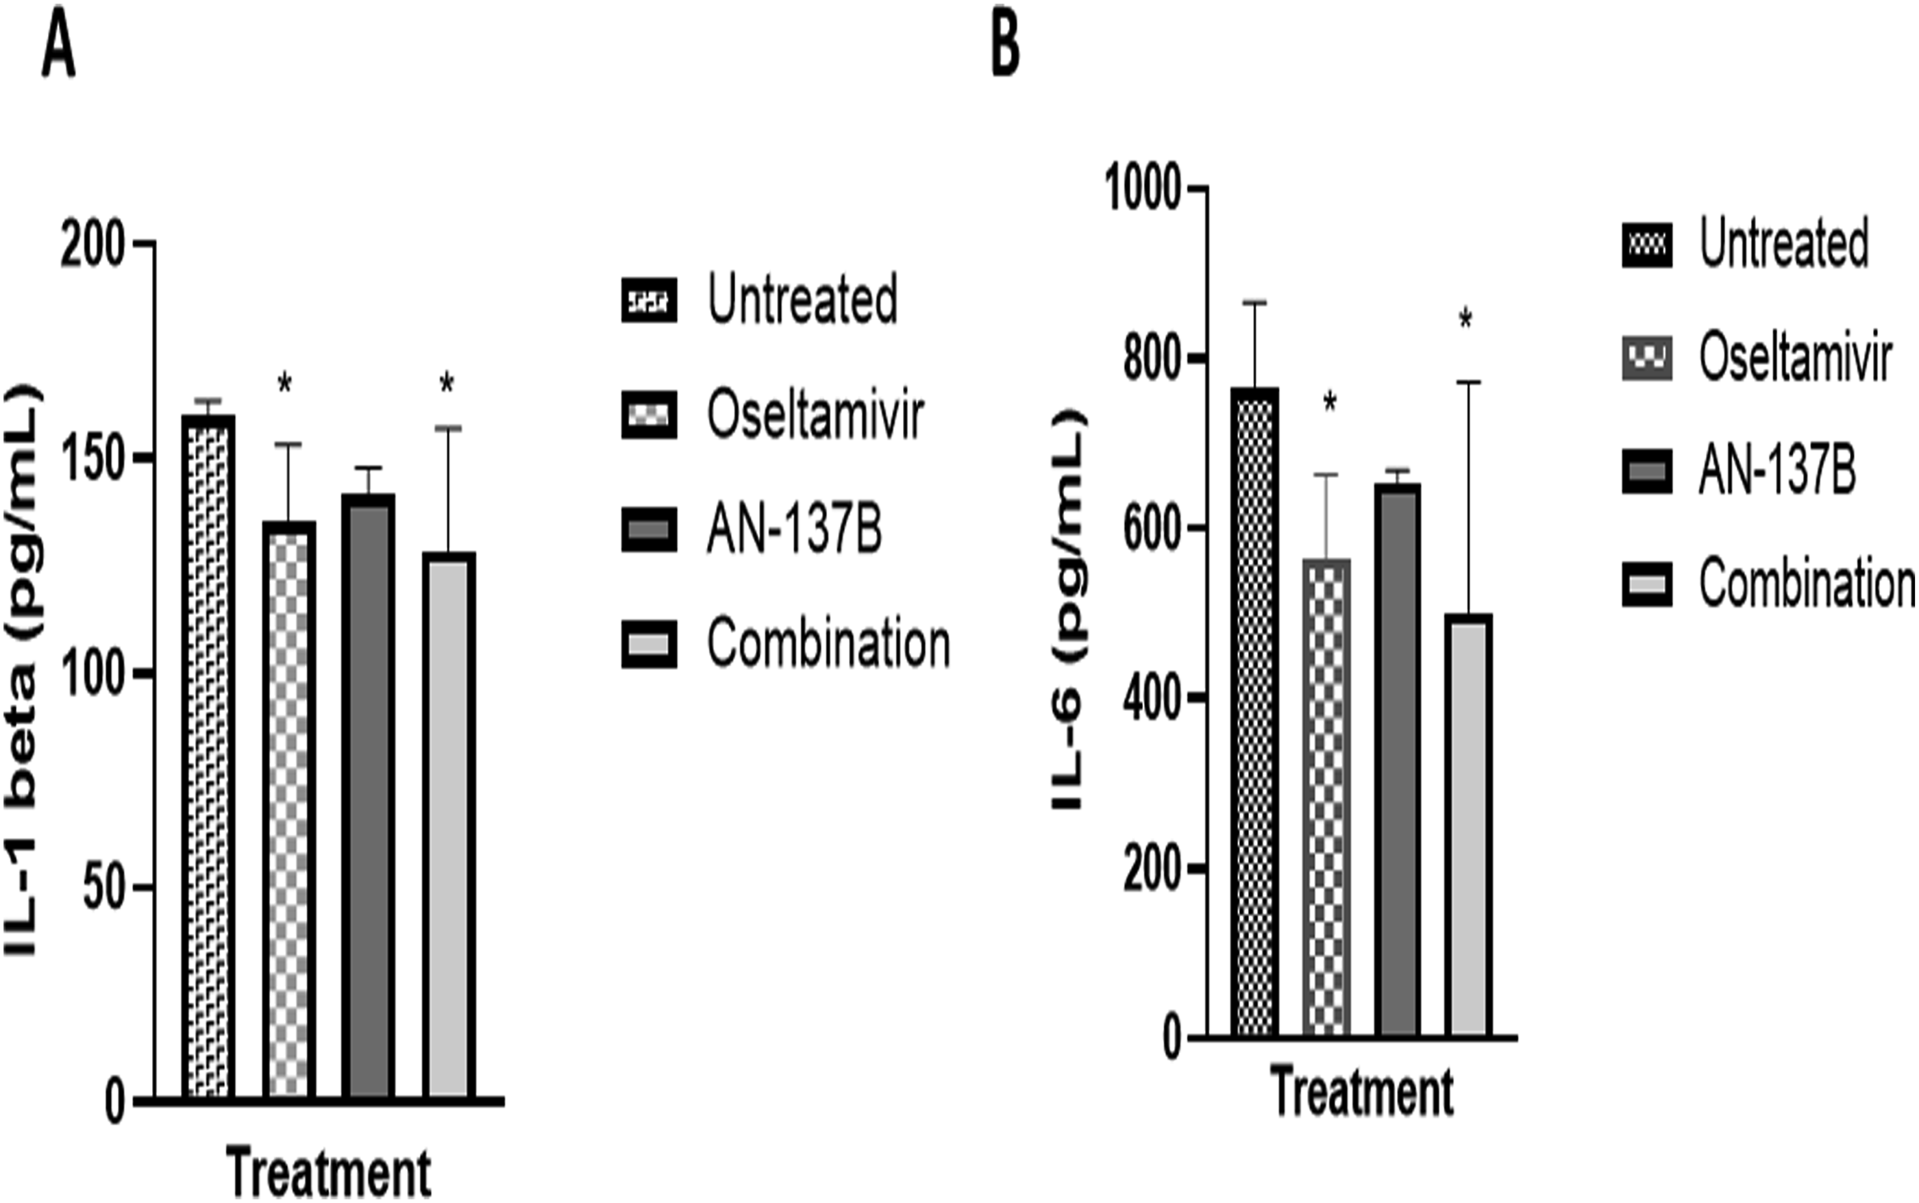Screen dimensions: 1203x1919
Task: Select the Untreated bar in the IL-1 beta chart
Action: click(x=208, y=756)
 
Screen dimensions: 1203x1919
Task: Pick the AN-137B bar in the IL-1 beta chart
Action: click(x=369, y=795)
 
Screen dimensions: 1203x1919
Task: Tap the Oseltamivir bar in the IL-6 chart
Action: click(x=1326, y=795)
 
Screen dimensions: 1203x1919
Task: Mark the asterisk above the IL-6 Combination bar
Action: click(x=1465, y=321)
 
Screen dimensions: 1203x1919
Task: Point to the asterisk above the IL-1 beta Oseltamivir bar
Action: click(x=285, y=385)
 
